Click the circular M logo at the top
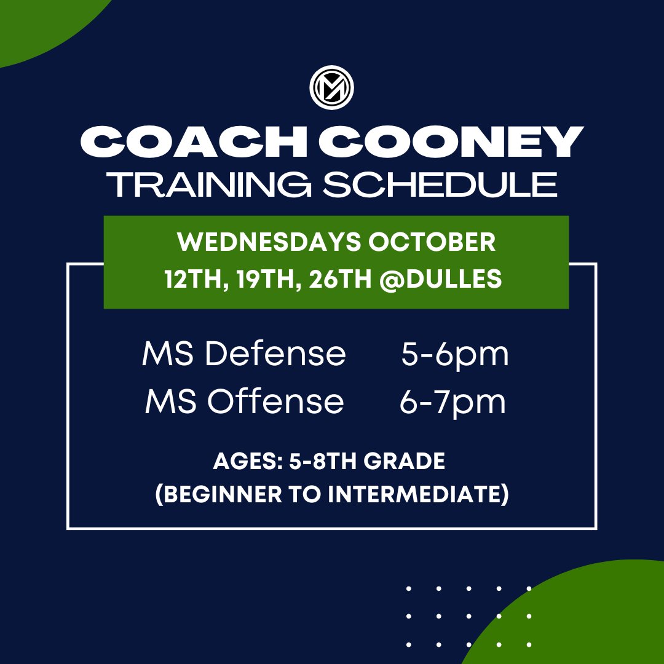(332, 90)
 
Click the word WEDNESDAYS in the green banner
(269, 242)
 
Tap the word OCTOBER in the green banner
(432, 242)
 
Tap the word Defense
(275, 354)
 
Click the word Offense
(275, 401)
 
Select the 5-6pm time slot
(455, 355)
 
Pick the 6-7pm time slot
(453, 403)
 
